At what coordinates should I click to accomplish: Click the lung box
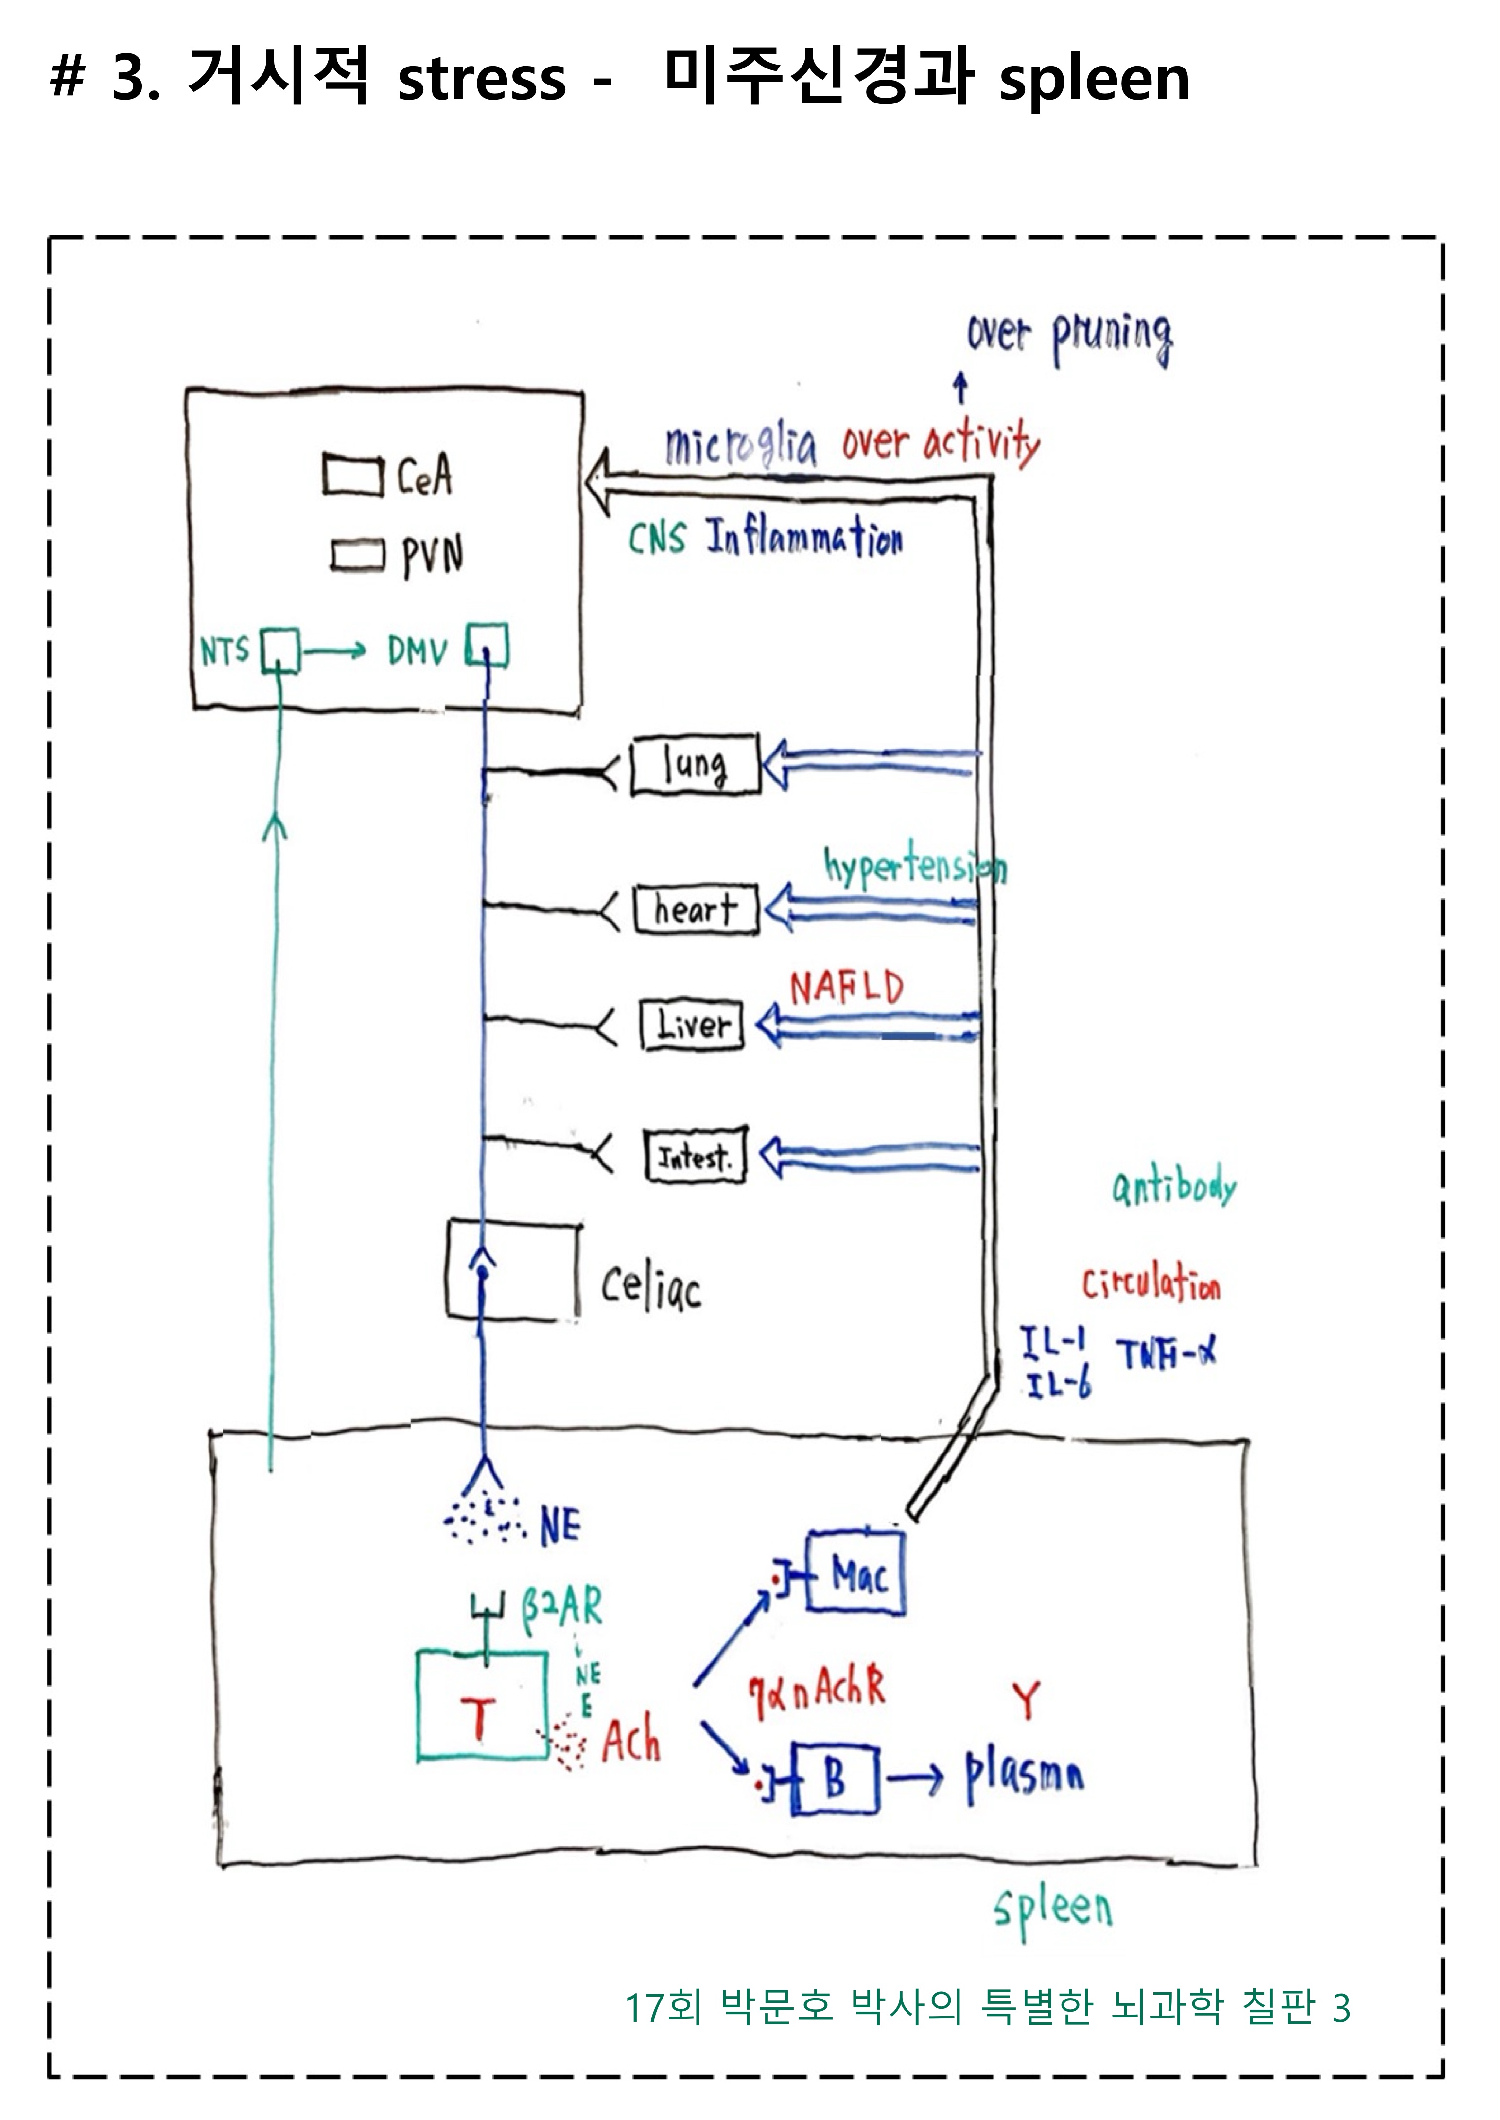pos(695,764)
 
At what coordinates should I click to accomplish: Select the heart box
pos(696,909)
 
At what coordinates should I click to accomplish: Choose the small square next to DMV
pos(487,646)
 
